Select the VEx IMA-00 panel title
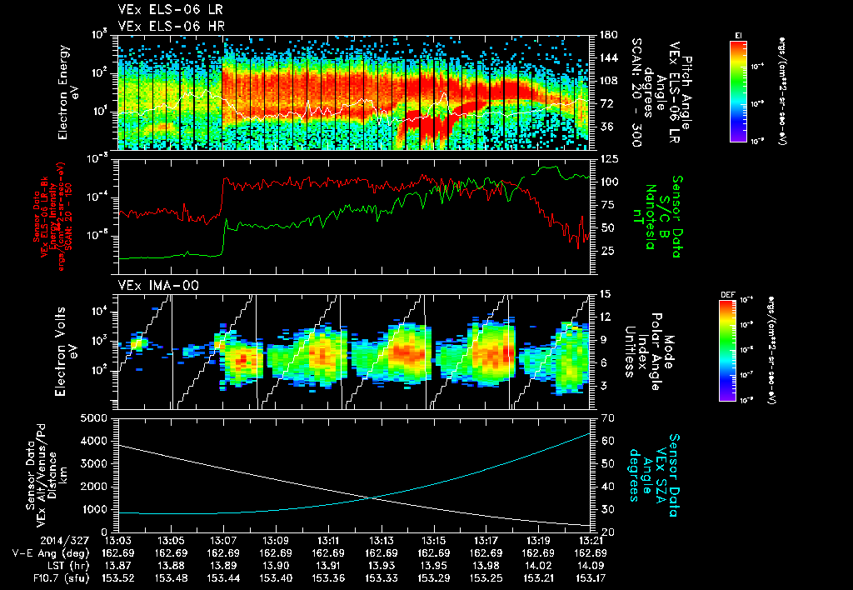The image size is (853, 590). pos(152,285)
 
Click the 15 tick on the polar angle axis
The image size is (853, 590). pos(603,294)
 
